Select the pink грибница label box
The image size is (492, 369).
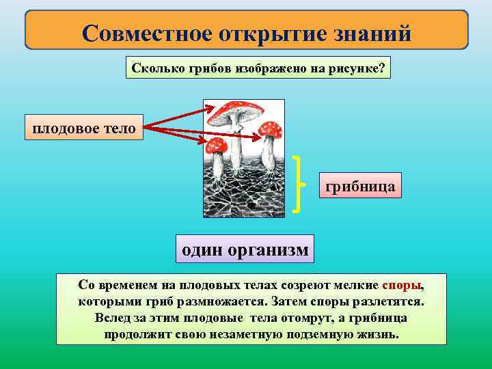click(x=360, y=185)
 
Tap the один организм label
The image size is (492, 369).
click(x=245, y=249)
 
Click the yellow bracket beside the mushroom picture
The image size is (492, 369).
click(x=299, y=184)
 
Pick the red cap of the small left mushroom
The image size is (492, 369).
click(x=217, y=144)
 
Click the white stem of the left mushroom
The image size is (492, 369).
click(x=217, y=165)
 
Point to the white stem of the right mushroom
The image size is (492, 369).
click(x=269, y=153)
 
